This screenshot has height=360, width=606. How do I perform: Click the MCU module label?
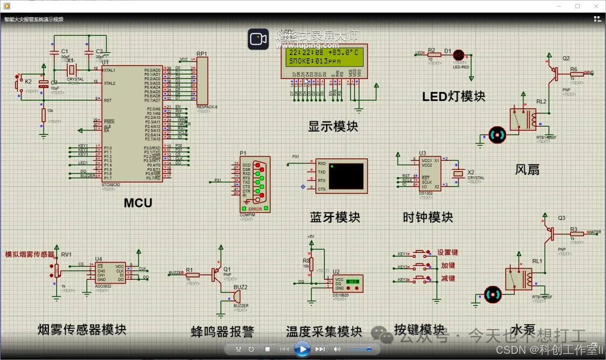pyautogui.click(x=138, y=203)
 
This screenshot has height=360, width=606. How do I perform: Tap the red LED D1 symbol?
pyautogui.click(x=458, y=55)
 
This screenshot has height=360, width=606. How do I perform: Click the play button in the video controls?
pyautogui.click(x=302, y=349)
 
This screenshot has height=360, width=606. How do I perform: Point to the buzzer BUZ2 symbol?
pyautogui.click(x=237, y=296)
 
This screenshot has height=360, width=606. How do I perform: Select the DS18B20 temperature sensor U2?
pyautogui.click(x=348, y=283)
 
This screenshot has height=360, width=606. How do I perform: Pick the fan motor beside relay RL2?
pyautogui.click(x=497, y=135)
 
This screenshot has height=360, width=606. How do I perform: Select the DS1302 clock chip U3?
pyautogui.click(x=430, y=173)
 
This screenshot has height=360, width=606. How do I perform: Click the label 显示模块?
pyautogui.click(x=333, y=126)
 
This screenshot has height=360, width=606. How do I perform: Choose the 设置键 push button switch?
pyautogui.click(x=419, y=252)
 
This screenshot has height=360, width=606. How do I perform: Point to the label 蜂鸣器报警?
pyautogui.click(x=222, y=332)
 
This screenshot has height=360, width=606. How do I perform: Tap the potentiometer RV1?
pyautogui.click(x=57, y=270)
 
